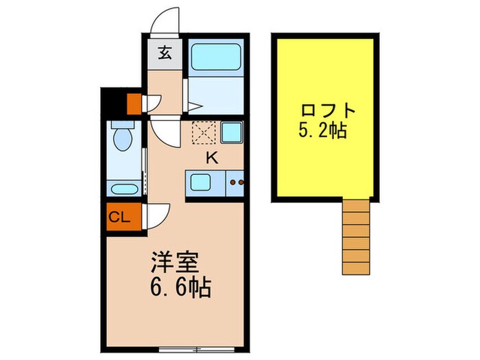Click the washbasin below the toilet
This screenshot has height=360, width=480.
[x=123, y=188]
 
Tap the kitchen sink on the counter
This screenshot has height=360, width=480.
[x=202, y=182]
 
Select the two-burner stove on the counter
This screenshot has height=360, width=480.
[x=237, y=183]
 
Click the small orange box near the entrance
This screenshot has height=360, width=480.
[x=134, y=103]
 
